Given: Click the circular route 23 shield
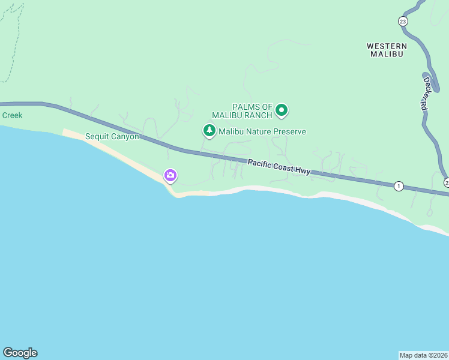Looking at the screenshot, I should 403,21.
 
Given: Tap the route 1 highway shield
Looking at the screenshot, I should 399,186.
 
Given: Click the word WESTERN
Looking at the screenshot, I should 387,46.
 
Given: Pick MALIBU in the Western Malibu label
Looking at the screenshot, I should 387,54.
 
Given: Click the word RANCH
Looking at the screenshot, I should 259,115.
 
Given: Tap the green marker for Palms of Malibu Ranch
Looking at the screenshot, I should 282,110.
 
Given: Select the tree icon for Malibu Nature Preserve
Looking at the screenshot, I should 209,130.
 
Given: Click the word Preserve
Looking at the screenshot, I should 288,131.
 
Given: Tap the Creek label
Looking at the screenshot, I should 11,115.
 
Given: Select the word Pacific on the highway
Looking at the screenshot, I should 261,164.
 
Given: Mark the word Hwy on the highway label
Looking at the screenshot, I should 303,171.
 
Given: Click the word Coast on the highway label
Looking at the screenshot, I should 284,168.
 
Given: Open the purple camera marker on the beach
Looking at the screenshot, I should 170,175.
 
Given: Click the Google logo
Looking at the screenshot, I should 20,353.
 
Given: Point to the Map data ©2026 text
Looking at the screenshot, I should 424,355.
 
